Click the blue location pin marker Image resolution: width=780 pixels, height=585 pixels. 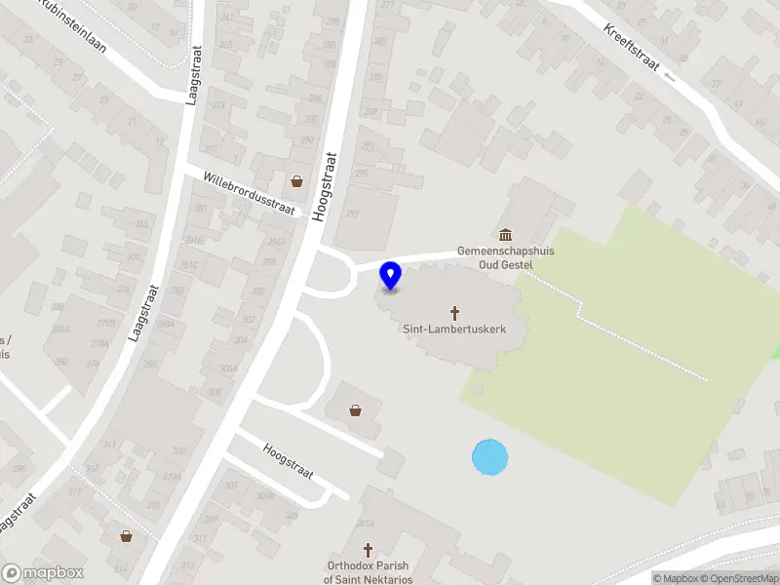pyautogui.click(x=391, y=276)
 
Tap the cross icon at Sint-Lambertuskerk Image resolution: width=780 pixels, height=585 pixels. pyautogui.click(x=454, y=313)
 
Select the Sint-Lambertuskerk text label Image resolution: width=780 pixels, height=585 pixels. pyautogui.click(x=454, y=330)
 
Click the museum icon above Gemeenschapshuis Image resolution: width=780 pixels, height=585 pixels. pyautogui.click(x=505, y=234)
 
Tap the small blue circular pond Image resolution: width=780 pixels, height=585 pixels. pyautogui.click(x=489, y=457)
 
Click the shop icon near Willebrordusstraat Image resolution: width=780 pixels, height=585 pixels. pyautogui.click(x=296, y=181)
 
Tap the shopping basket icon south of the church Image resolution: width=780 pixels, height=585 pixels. pyautogui.click(x=356, y=409)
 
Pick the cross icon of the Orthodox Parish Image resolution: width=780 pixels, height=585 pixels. pyautogui.click(x=368, y=551)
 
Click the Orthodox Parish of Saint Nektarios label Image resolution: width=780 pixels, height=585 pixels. pyautogui.click(x=368, y=572)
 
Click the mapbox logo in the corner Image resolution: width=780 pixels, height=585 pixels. pyautogui.click(x=43, y=573)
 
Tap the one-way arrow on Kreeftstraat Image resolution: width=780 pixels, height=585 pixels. pyautogui.click(x=670, y=76)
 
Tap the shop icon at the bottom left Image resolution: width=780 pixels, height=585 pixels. pyautogui.click(x=126, y=535)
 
